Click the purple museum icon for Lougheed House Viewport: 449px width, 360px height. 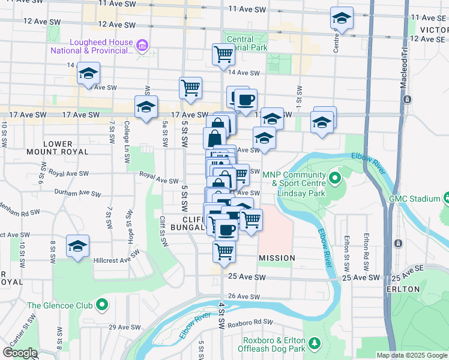142,46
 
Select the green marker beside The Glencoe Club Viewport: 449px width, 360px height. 102,305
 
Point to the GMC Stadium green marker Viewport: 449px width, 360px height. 447,198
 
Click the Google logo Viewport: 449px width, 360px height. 20,352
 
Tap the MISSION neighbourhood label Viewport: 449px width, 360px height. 277,258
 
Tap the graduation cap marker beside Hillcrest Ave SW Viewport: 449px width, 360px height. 77,246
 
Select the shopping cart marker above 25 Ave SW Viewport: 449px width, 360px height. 224,251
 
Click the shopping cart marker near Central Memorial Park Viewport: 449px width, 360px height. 223,55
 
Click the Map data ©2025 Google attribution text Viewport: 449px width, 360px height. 412,355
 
